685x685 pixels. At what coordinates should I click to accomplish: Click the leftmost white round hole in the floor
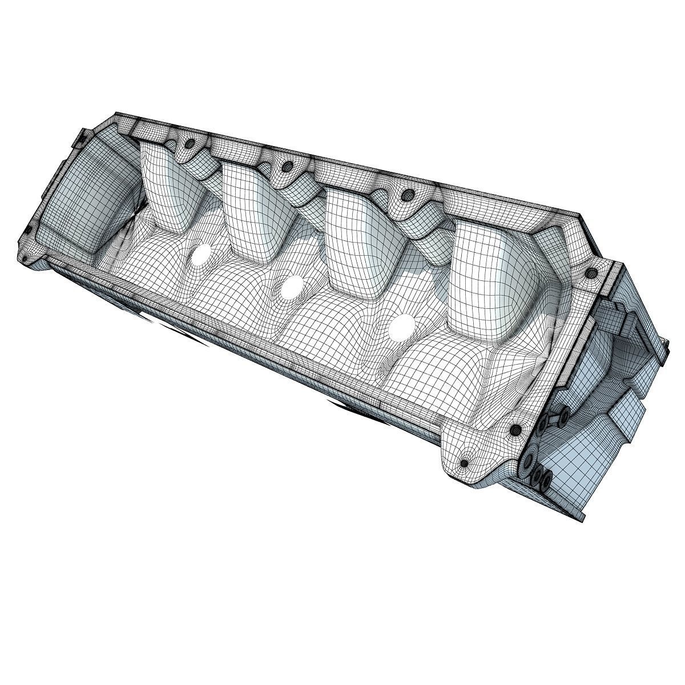201,255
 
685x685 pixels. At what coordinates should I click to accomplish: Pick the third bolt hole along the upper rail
407,196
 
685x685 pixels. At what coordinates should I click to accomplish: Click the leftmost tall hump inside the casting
166,188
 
